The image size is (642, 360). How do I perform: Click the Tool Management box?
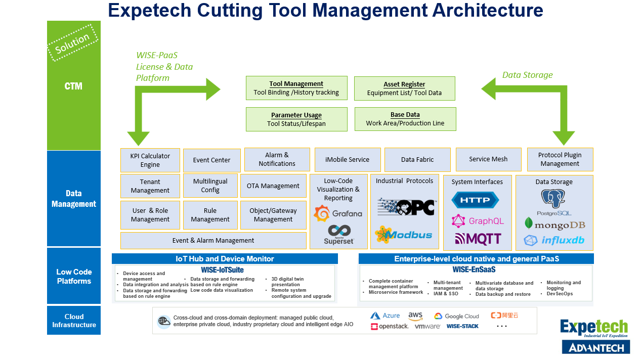tap(296, 88)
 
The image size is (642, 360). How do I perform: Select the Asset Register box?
tap(404, 88)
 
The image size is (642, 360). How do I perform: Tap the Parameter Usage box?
tap(296, 119)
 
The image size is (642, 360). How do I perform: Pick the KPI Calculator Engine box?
tap(150, 160)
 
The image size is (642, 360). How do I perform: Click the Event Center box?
tap(211, 160)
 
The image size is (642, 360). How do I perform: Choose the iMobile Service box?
tap(347, 160)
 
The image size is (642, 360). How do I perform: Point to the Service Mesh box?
tap(488, 159)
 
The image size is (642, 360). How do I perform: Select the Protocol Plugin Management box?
tap(560, 159)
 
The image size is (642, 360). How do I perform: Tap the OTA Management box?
tap(273, 186)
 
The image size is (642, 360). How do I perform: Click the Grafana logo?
tap(338, 214)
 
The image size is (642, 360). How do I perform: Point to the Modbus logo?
tap(404, 235)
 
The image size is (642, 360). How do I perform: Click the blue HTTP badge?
tap(478, 200)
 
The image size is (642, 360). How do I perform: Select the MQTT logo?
tap(478, 239)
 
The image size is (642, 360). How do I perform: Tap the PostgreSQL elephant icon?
tap(553, 199)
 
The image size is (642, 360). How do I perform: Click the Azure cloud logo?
tap(385, 316)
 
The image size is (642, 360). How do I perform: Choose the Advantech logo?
tap(595, 347)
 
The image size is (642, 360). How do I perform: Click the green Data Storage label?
tap(527, 75)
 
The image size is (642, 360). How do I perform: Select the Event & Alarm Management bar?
tap(213, 241)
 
